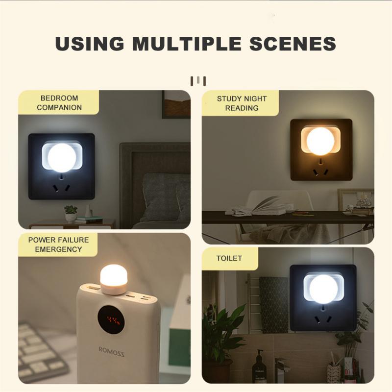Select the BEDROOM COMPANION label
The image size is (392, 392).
point(59,103)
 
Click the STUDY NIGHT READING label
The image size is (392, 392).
point(242,103)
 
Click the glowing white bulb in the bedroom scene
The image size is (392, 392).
point(62,157)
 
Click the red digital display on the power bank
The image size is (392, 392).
point(110,321)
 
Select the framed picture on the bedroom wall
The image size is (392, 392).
point(176,104)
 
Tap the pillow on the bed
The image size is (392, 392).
point(164,196)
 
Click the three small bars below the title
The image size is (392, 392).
point(197,80)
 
